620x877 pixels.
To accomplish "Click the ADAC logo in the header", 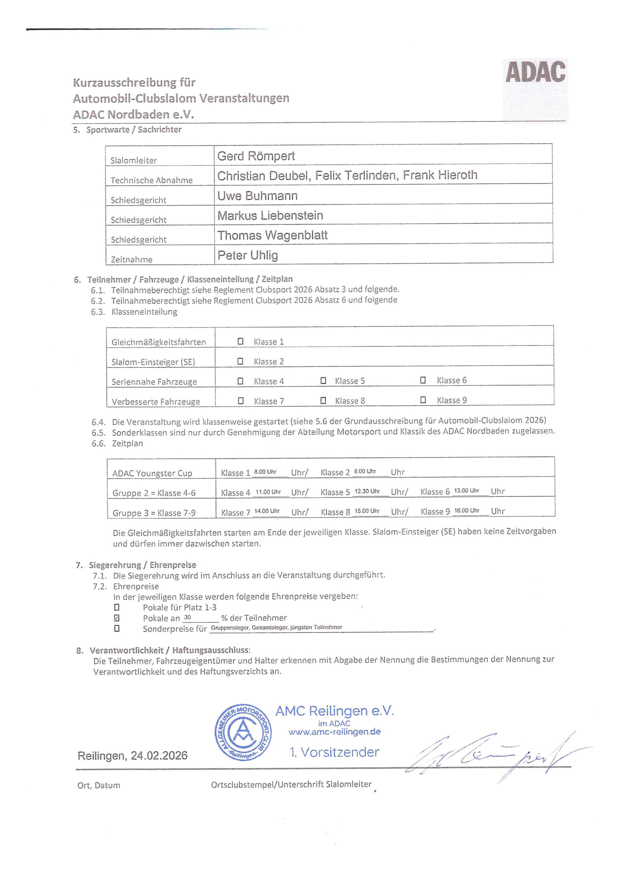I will (535, 72).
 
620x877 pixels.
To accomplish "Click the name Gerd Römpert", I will (256, 156).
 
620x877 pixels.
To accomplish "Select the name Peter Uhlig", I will (248, 255).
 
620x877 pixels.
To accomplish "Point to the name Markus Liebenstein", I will (270, 215).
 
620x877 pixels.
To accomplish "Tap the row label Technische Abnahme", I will (151, 180).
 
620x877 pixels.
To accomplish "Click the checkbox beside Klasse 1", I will (241, 341).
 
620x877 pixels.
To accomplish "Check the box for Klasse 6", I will (422, 380).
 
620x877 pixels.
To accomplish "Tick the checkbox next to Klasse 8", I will (323, 400).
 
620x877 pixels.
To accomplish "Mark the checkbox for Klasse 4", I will (241, 381).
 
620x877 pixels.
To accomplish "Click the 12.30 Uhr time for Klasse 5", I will (367, 491).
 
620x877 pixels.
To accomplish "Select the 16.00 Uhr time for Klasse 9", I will (467, 511).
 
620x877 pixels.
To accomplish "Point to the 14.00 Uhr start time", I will (267, 511).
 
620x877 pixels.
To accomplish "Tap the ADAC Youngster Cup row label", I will (152, 473).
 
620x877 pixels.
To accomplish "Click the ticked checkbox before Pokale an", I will (117, 618).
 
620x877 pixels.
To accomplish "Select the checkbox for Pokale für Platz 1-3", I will (117, 607).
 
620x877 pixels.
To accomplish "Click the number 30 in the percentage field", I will (188, 617).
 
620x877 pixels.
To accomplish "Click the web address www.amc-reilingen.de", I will (334, 732).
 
